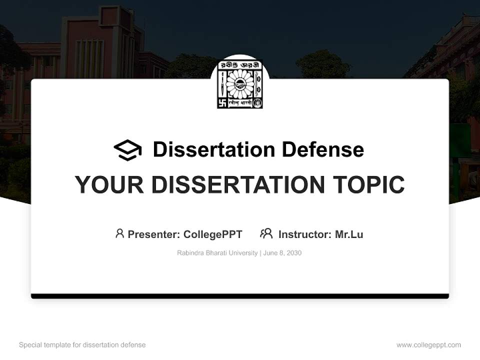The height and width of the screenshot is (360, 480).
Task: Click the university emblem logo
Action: [240, 84]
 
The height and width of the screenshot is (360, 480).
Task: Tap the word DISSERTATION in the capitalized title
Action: [236, 185]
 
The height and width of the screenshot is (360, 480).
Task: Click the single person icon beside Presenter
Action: [119, 233]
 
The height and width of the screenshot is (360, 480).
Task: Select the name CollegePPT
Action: [212, 234]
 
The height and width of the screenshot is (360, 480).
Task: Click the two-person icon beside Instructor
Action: [266, 233]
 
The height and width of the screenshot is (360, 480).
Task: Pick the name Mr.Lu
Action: [349, 234]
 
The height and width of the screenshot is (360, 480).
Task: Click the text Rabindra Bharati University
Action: [217, 253]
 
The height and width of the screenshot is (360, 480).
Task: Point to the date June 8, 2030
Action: [282, 253]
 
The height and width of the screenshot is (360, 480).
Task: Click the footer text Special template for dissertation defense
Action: [82, 345]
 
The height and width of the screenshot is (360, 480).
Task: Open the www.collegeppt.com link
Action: [428, 345]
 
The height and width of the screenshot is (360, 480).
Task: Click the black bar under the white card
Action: [240, 296]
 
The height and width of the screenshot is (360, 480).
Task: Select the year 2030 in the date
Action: [294, 253]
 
